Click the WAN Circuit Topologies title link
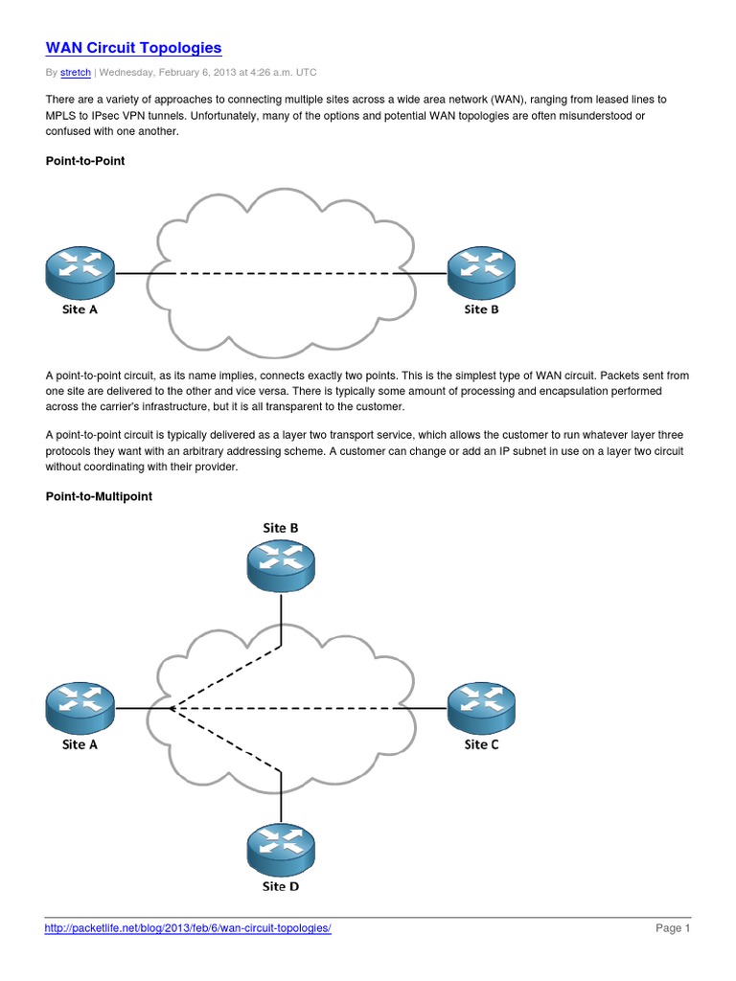click(133, 47)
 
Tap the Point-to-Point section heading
click(85, 161)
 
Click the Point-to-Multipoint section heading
click(99, 496)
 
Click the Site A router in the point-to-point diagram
click(80, 272)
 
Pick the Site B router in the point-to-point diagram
click(481, 272)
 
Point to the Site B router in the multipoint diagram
click(281, 566)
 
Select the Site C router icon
click(481, 708)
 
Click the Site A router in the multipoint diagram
click(80, 708)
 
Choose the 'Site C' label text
click(481, 744)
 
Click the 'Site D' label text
click(281, 886)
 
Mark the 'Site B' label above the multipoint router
click(281, 528)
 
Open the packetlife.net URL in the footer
click(188, 928)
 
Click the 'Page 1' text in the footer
click(673, 928)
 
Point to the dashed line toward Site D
click(225, 739)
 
